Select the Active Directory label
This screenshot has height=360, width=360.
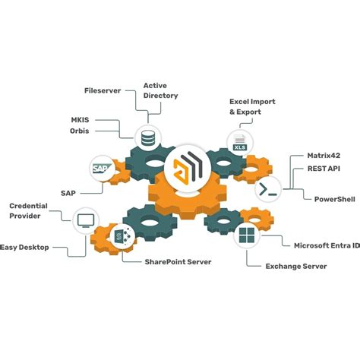coord(160,90)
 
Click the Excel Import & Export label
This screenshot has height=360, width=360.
coord(252,106)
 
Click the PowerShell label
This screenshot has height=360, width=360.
coord(336,199)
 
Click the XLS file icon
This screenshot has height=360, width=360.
coord(238,141)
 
